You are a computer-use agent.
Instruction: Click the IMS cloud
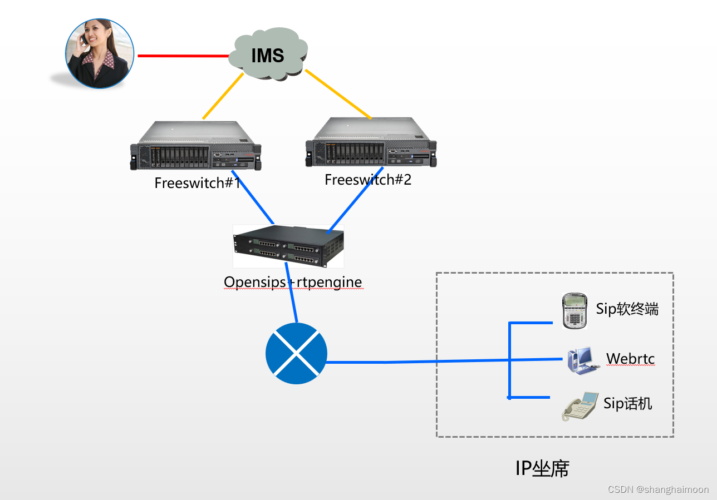coord(268,56)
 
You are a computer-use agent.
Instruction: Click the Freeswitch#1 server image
coord(196,147)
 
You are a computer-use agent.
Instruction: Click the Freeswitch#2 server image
coord(371,143)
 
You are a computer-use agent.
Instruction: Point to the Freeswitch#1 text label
coord(198,183)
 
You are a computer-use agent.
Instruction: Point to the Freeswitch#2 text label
coord(368,180)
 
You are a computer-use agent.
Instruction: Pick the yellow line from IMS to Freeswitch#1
coord(223,96)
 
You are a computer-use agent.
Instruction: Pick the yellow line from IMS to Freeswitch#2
coord(337,94)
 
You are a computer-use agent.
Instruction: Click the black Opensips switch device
coord(288,246)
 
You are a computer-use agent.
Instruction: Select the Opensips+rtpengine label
coord(293,282)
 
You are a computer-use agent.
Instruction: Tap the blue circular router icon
coord(296,354)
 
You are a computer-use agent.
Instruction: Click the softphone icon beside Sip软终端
coord(574,310)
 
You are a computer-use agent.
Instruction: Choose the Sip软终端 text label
coord(627,309)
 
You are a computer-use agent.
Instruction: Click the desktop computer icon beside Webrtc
coord(580,361)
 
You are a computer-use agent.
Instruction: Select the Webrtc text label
coord(630,359)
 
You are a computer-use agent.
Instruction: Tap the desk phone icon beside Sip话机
coord(579,407)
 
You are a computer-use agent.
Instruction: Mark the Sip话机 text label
coord(627,403)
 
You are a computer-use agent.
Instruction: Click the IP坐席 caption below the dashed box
coord(542,468)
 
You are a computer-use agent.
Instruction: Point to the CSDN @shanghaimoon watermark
coord(658,489)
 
